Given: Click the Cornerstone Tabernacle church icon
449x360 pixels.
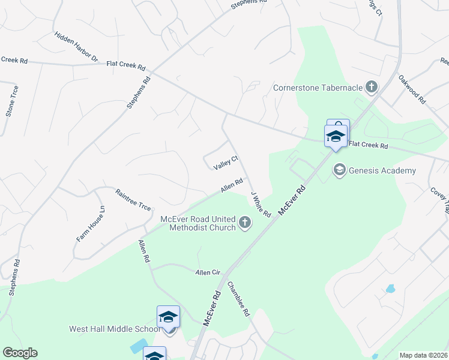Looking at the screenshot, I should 372,88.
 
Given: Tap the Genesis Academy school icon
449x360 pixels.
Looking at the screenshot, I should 339,171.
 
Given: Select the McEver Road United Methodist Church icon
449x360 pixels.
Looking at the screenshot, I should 244,223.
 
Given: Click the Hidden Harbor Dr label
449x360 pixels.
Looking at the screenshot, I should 76,47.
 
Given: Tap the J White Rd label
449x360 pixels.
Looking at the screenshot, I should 261,205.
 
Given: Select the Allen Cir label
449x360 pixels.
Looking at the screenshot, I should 208,272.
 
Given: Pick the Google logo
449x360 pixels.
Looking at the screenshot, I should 20,353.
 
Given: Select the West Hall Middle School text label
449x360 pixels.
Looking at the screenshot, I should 115,329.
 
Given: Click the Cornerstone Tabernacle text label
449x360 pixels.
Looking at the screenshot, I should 318,88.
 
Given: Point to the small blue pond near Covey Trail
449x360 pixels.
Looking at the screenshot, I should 391,289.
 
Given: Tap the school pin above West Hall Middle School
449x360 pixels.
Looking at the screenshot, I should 168,317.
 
